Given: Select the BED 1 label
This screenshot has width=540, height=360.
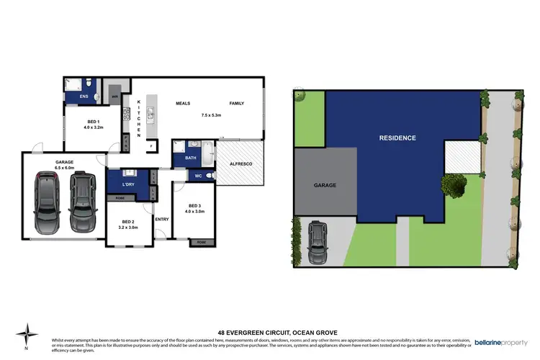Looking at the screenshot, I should [94, 121].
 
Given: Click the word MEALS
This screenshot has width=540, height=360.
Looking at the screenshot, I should [183, 104].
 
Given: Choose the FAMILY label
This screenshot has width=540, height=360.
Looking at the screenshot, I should [236, 104].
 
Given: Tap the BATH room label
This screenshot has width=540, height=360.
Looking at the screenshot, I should [190, 157].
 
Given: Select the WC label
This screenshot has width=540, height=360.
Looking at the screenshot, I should [198, 176].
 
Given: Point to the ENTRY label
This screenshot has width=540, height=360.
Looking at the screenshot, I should [161, 219].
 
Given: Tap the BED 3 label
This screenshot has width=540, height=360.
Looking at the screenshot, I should [191, 206].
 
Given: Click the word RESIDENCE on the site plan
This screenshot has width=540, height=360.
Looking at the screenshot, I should [398, 137].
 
